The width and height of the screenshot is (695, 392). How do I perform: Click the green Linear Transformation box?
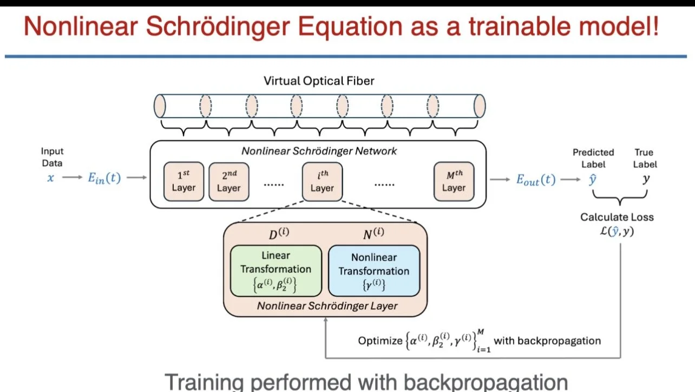click(276, 270)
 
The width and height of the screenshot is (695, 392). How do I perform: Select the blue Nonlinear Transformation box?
click(374, 271)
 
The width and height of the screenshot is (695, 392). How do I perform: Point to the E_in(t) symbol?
click(104, 179)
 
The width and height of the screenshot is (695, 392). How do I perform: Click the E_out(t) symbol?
click(535, 180)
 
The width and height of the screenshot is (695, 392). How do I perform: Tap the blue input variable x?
click(50, 178)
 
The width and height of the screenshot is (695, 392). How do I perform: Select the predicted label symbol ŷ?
click(593, 179)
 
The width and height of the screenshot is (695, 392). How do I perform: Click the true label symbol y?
click(646, 179)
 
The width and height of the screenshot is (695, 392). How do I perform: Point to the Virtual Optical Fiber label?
click(319, 81)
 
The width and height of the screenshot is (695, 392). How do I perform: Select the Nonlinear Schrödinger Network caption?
click(319, 151)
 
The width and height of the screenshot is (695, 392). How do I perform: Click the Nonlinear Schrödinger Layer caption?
click(327, 305)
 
